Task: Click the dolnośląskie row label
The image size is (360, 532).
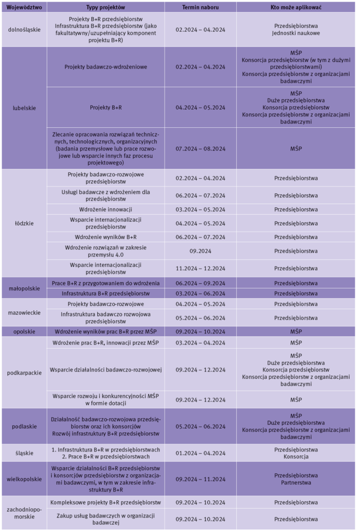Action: pyautogui.click(x=24, y=30)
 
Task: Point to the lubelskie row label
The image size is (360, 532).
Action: pyautogui.click(x=24, y=108)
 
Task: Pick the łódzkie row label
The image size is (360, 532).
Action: pyautogui.click(x=24, y=223)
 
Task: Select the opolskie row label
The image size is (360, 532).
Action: pyautogui.click(x=24, y=331)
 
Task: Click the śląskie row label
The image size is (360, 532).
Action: pyautogui.click(x=24, y=453)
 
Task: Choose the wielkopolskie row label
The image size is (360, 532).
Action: pyautogui.click(x=24, y=478)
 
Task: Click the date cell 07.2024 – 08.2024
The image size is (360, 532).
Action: pyautogui.click(x=200, y=149)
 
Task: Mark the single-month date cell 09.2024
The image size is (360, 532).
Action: pyautogui.click(x=200, y=250)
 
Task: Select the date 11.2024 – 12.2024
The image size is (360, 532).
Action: pyautogui.click(x=200, y=268)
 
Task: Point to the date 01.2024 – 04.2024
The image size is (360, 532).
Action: pyautogui.click(x=200, y=453)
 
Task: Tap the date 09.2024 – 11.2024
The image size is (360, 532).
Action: pyautogui.click(x=200, y=478)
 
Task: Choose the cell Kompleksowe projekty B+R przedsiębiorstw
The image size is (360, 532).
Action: pyautogui.click(x=105, y=502)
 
